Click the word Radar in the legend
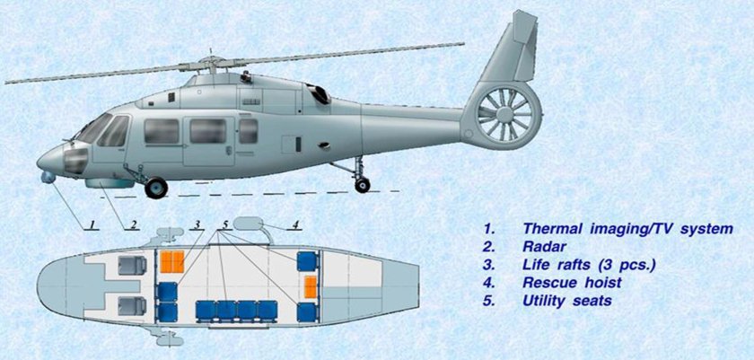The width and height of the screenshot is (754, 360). pos(544,247)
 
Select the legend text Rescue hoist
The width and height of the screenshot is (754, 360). pos(573,283)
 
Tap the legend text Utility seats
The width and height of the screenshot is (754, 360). pos(567,301)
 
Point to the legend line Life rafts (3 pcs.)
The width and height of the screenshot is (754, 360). pos(590,265)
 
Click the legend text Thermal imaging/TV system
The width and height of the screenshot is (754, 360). pos(628,229)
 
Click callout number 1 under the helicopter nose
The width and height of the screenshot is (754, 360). pos(93,224)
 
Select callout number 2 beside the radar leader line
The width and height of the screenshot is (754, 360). pos(134,224)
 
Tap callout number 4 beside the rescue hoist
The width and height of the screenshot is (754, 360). pos(295,224)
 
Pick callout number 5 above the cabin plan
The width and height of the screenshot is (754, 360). pos(225,224)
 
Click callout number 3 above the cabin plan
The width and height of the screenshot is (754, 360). pos(197,224)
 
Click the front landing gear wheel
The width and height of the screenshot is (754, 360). pos(156,188)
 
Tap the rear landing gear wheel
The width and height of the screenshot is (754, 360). pos(362,185)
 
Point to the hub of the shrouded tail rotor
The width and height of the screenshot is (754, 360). pos(504,114)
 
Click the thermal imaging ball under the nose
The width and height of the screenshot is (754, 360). pos(48,178)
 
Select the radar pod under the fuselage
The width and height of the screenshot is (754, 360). pos(110,183)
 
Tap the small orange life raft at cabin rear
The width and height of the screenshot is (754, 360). pos(311,287)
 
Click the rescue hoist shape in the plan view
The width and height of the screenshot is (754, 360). pos(248,224)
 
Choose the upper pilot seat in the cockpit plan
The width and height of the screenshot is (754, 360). pos(133,266)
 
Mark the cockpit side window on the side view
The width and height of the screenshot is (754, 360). pos(114,131)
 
